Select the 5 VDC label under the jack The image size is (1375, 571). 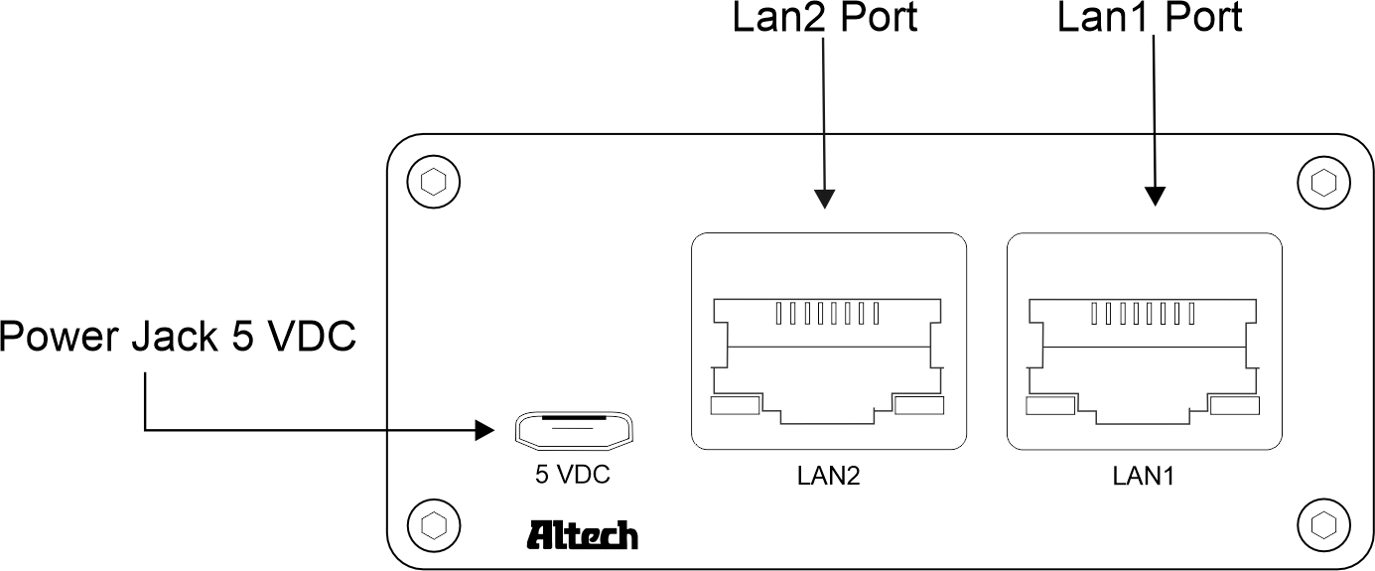(x=573, y=475)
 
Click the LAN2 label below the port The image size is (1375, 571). (x=828, y=476)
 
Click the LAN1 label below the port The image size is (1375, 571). (x=1144, y=476)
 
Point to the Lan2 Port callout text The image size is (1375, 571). (x=824, y=18)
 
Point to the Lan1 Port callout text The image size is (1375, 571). (x=1150, y=18)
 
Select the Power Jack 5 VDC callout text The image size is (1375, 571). (x=178, y=339)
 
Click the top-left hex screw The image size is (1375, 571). (x=433, y=183)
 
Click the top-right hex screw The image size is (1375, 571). (x=1323, y=183)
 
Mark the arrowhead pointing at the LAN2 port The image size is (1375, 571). (x=824, y=199)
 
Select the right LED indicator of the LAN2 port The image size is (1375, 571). (x=918, y=404)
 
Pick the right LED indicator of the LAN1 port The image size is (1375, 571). (x=1235, y=405)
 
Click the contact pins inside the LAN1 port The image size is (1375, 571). (x=1143, y=315)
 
